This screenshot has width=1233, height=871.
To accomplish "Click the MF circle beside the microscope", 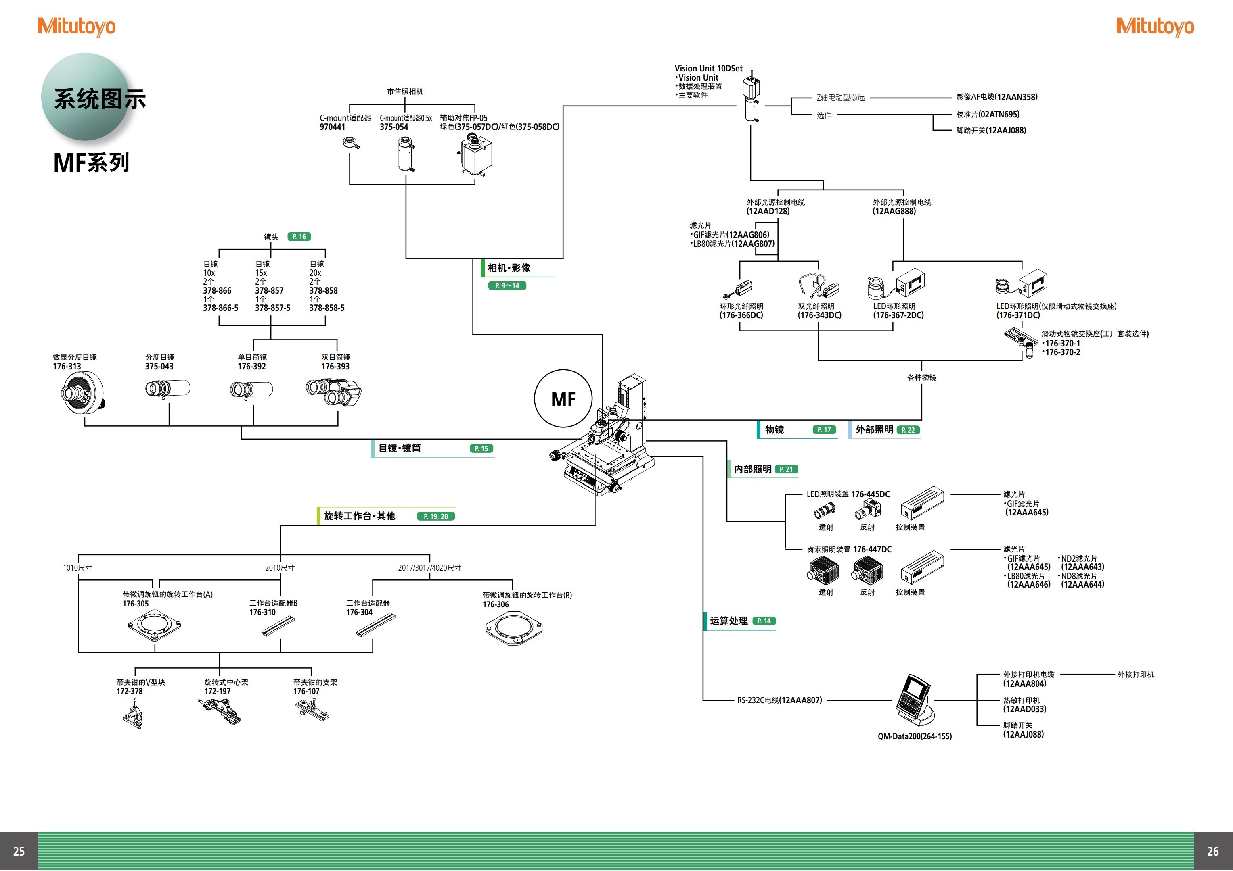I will pos(563,399).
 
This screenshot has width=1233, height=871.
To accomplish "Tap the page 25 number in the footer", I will pos(19,851).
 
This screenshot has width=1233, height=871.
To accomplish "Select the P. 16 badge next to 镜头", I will pos(299,237).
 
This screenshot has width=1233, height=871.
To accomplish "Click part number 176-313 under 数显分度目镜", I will pos(67,367).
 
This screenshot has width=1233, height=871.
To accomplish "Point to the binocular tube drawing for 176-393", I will pos(334,392).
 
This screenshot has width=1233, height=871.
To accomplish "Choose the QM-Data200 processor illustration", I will pos(915,700).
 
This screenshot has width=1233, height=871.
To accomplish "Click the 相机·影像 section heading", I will pos(509,268).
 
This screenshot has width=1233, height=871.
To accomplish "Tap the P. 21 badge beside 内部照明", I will pos(786,469).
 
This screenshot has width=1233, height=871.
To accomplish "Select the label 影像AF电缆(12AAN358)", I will pos(997,97).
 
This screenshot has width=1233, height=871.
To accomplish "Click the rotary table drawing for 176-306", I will pos(514,628).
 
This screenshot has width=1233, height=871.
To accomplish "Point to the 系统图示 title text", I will pos(100,99).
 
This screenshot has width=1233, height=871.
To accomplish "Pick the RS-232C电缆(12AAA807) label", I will pos(779,700).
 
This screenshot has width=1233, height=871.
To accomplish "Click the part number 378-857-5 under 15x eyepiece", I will pos(272,308).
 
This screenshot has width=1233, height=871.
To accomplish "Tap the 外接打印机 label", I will pos(1135,675).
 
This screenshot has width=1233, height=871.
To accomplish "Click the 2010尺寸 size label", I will pos(279,568).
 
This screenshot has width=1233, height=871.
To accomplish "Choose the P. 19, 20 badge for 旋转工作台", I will pos(435,516).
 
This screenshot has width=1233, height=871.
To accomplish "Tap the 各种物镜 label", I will pos(921,377).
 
